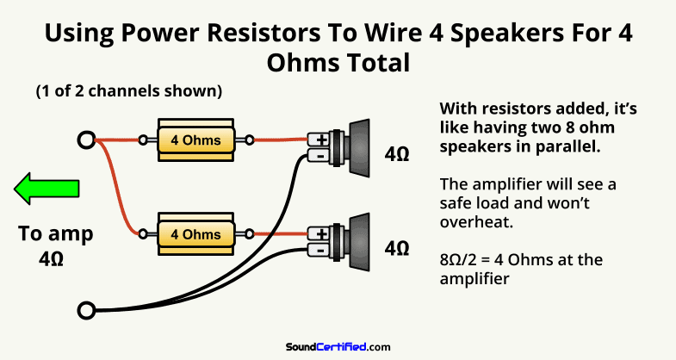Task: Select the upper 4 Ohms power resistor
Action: (195, 140)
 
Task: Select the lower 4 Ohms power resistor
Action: (195, 233)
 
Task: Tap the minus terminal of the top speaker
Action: (320, 156)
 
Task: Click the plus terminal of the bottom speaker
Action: (320, 234)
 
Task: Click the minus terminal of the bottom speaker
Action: (320, 250)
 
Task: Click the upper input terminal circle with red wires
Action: (85, 140)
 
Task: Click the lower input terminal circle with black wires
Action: (85, 309)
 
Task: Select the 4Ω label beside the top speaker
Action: (397, 156)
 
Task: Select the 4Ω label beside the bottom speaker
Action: (397, 249)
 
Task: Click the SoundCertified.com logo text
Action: (338, 346)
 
